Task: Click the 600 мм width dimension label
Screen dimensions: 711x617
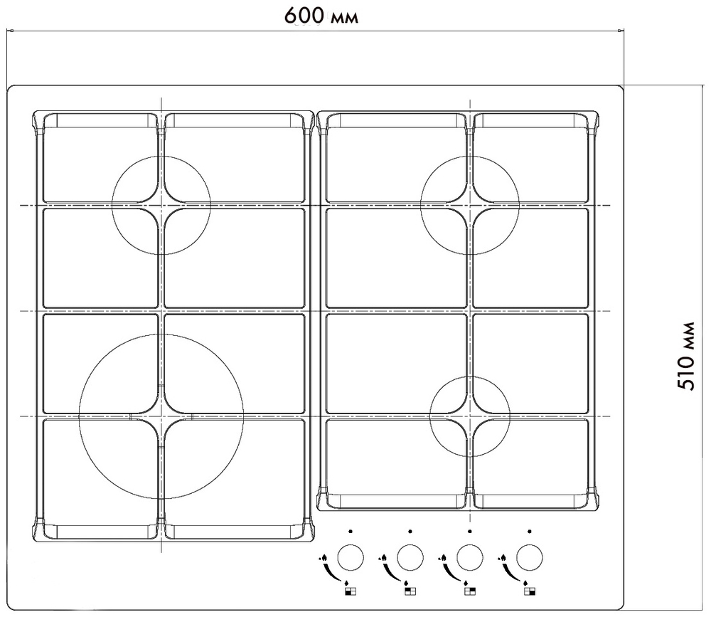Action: pos(321,16)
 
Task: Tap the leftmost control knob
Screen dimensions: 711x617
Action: pos(350,557)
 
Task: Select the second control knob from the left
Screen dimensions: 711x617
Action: pos(410,557)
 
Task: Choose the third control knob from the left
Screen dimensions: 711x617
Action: pos(469,557)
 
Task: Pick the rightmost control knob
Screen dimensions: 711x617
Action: pos(529,557)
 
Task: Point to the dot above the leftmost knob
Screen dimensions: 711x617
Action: pos(350,531)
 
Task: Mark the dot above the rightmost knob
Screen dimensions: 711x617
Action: pos(530,531)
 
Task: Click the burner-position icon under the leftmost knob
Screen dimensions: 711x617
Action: pos(349,591)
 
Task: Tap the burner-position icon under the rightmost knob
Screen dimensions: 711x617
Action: pos(528,591)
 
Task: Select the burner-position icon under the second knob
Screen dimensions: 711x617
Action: pos(409,591)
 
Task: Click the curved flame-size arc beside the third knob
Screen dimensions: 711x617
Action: pos(447,571)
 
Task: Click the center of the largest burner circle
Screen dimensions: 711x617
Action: pos(161,416)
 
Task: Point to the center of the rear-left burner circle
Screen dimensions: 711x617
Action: pos(161,206)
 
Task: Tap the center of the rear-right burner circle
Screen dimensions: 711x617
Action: pos(469,206)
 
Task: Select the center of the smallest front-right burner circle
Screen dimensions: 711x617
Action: pos(470,416)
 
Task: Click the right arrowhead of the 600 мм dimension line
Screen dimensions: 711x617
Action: pos(622,30)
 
